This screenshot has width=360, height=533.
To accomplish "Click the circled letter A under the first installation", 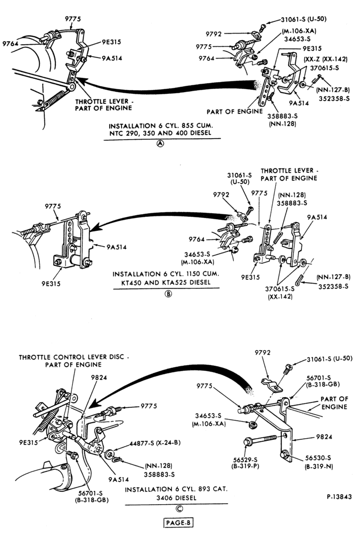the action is pyautogui.click(x=160, y=143).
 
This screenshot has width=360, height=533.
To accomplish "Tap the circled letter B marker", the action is pyautogui.click(x=168, y=293).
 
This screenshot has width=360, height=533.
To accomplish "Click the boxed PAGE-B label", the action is pyautogui.click(x=178, y=523).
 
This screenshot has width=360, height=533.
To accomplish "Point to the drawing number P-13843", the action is pyautogui.click(x=339, y=497).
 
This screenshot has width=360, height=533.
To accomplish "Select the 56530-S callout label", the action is pyautogui.click(x=317, y=457).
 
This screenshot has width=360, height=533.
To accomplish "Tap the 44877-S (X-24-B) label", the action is pyautogui.click(x=155, y=443).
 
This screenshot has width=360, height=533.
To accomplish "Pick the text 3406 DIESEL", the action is pyautogui.click(x=176, y=498).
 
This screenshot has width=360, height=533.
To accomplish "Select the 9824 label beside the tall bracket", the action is pyautogui.click(x=323, y=437).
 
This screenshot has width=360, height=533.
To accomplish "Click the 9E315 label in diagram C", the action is pyautogui.click(x=28, y=442).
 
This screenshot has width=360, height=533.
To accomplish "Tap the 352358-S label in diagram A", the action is pyautogui.click(x=334, y=99).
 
